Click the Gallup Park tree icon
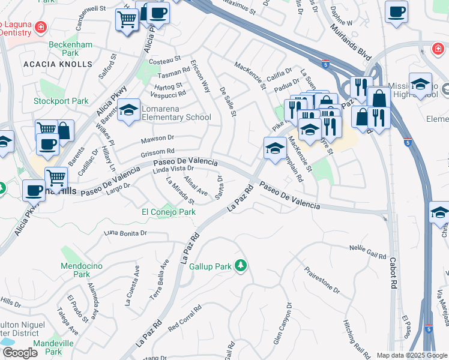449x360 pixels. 241,265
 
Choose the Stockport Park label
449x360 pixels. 61,101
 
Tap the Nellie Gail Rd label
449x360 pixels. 368,252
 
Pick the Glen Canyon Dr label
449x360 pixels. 282,325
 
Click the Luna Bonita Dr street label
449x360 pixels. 125,233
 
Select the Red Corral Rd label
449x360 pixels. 185,319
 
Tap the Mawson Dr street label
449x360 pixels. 157,139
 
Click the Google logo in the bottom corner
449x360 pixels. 20,353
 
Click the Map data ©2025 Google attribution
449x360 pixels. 411,355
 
